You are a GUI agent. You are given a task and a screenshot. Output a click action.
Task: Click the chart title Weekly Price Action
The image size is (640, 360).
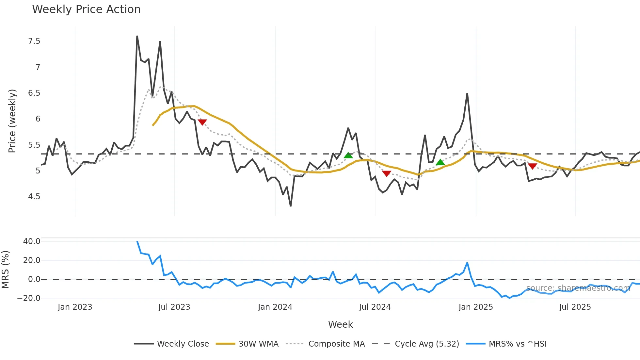(x=86, y=9)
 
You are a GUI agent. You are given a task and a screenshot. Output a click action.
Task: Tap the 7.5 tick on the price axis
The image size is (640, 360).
(x=34, y=41)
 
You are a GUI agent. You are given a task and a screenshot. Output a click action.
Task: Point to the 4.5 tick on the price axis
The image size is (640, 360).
(x=34, y=197)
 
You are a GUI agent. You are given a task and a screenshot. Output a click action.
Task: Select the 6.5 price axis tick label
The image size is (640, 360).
(x=34, y=93)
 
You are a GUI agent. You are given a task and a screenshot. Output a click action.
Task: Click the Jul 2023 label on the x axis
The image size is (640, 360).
(x=174, y=307)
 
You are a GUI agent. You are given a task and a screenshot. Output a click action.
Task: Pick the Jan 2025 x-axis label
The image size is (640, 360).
(x=475, y=307)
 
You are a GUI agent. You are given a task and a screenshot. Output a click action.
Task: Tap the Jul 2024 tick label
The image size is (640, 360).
(x=375, y=307)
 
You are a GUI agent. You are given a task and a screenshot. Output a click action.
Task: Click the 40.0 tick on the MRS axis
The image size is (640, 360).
(x=32, y=241)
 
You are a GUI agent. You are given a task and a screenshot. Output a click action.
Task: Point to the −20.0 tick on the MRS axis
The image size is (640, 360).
(x=29, y=298)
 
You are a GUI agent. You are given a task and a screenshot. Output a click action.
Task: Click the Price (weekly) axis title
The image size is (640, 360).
(x=12, y=121)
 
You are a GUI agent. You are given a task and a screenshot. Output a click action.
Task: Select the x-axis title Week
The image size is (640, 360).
(x=340, y=324)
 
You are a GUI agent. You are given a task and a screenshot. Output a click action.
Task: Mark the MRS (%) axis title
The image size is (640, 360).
(x=6, y=270)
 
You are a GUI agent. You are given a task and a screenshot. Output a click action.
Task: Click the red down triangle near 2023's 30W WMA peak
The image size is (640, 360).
(x=202, y=122)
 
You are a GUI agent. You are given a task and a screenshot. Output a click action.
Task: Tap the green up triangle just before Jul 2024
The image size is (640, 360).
(x=348, y=155)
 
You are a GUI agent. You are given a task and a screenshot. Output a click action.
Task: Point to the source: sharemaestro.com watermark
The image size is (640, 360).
(x=578, y=288)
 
